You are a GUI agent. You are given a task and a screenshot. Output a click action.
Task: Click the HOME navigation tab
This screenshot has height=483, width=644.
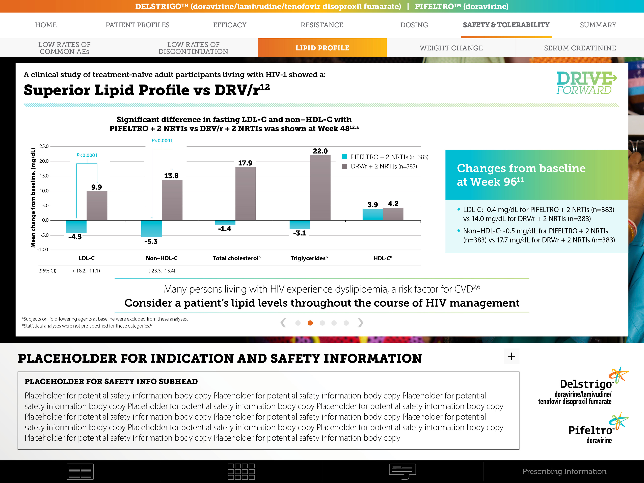pos(46,25)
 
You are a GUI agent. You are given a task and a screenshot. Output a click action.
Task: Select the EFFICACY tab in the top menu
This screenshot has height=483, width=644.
pos(230,25)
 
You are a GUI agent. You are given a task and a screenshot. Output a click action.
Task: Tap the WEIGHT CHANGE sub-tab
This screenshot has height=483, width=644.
pos(451,48)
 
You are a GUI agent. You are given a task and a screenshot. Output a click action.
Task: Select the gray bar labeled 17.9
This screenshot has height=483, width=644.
pos(245,194)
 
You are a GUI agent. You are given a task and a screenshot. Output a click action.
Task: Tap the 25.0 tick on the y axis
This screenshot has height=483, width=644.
pos(44,146)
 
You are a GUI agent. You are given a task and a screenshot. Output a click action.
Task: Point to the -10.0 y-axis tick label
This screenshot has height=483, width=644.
pos(42,250)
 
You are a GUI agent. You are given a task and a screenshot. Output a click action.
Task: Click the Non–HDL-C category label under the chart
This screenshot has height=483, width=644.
pos(162,258)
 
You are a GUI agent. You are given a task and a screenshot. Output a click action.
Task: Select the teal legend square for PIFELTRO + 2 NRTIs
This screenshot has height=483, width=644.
pos(344,157)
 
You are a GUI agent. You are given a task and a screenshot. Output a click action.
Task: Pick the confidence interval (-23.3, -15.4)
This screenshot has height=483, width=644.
pos(162,271)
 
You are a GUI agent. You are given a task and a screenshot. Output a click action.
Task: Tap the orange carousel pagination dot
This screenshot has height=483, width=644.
pos(310,323)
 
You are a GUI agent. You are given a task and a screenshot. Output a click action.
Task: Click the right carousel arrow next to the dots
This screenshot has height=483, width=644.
pos(360,323)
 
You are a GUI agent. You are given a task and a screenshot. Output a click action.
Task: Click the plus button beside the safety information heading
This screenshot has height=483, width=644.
pos(511,356)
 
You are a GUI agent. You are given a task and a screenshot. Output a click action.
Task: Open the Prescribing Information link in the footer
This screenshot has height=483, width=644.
pos(564,471)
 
